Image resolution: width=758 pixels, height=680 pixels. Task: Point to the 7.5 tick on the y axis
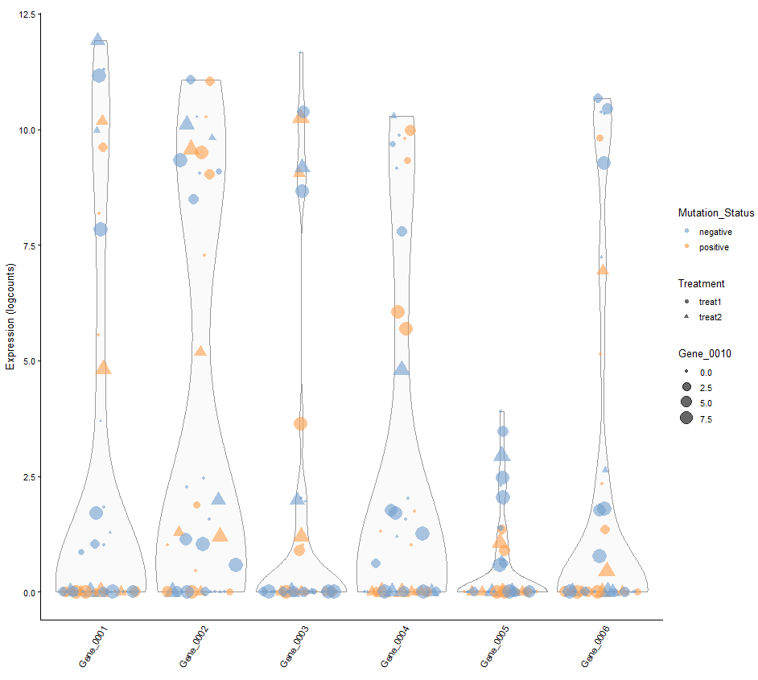[x=27, y=245]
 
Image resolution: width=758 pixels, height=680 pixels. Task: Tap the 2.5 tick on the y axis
[x=27, y=476]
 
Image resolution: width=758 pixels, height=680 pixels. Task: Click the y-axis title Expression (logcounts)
[x=10, y=315]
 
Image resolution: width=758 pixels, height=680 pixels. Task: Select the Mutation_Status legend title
[x=715, y=213]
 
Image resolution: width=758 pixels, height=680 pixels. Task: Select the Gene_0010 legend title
[x=704, y=354]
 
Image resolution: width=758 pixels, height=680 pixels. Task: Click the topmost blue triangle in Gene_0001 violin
[x=98, y=39]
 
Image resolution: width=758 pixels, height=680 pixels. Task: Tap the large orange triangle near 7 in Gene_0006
[x=602, y=270]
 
